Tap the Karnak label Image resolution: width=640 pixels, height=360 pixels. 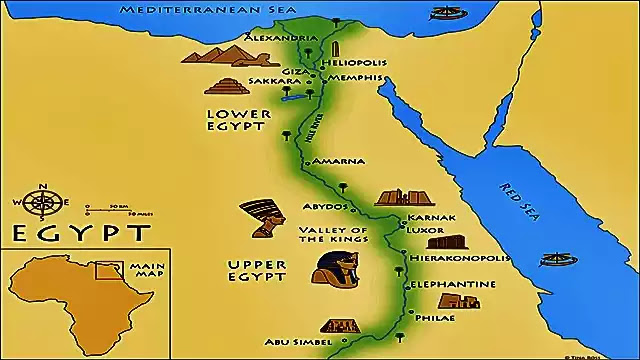click(432, 217)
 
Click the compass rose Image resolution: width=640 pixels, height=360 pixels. click(43, 203)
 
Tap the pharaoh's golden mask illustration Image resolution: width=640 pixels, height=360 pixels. click(332, 269)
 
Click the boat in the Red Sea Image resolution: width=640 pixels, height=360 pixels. click(558, 261)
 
